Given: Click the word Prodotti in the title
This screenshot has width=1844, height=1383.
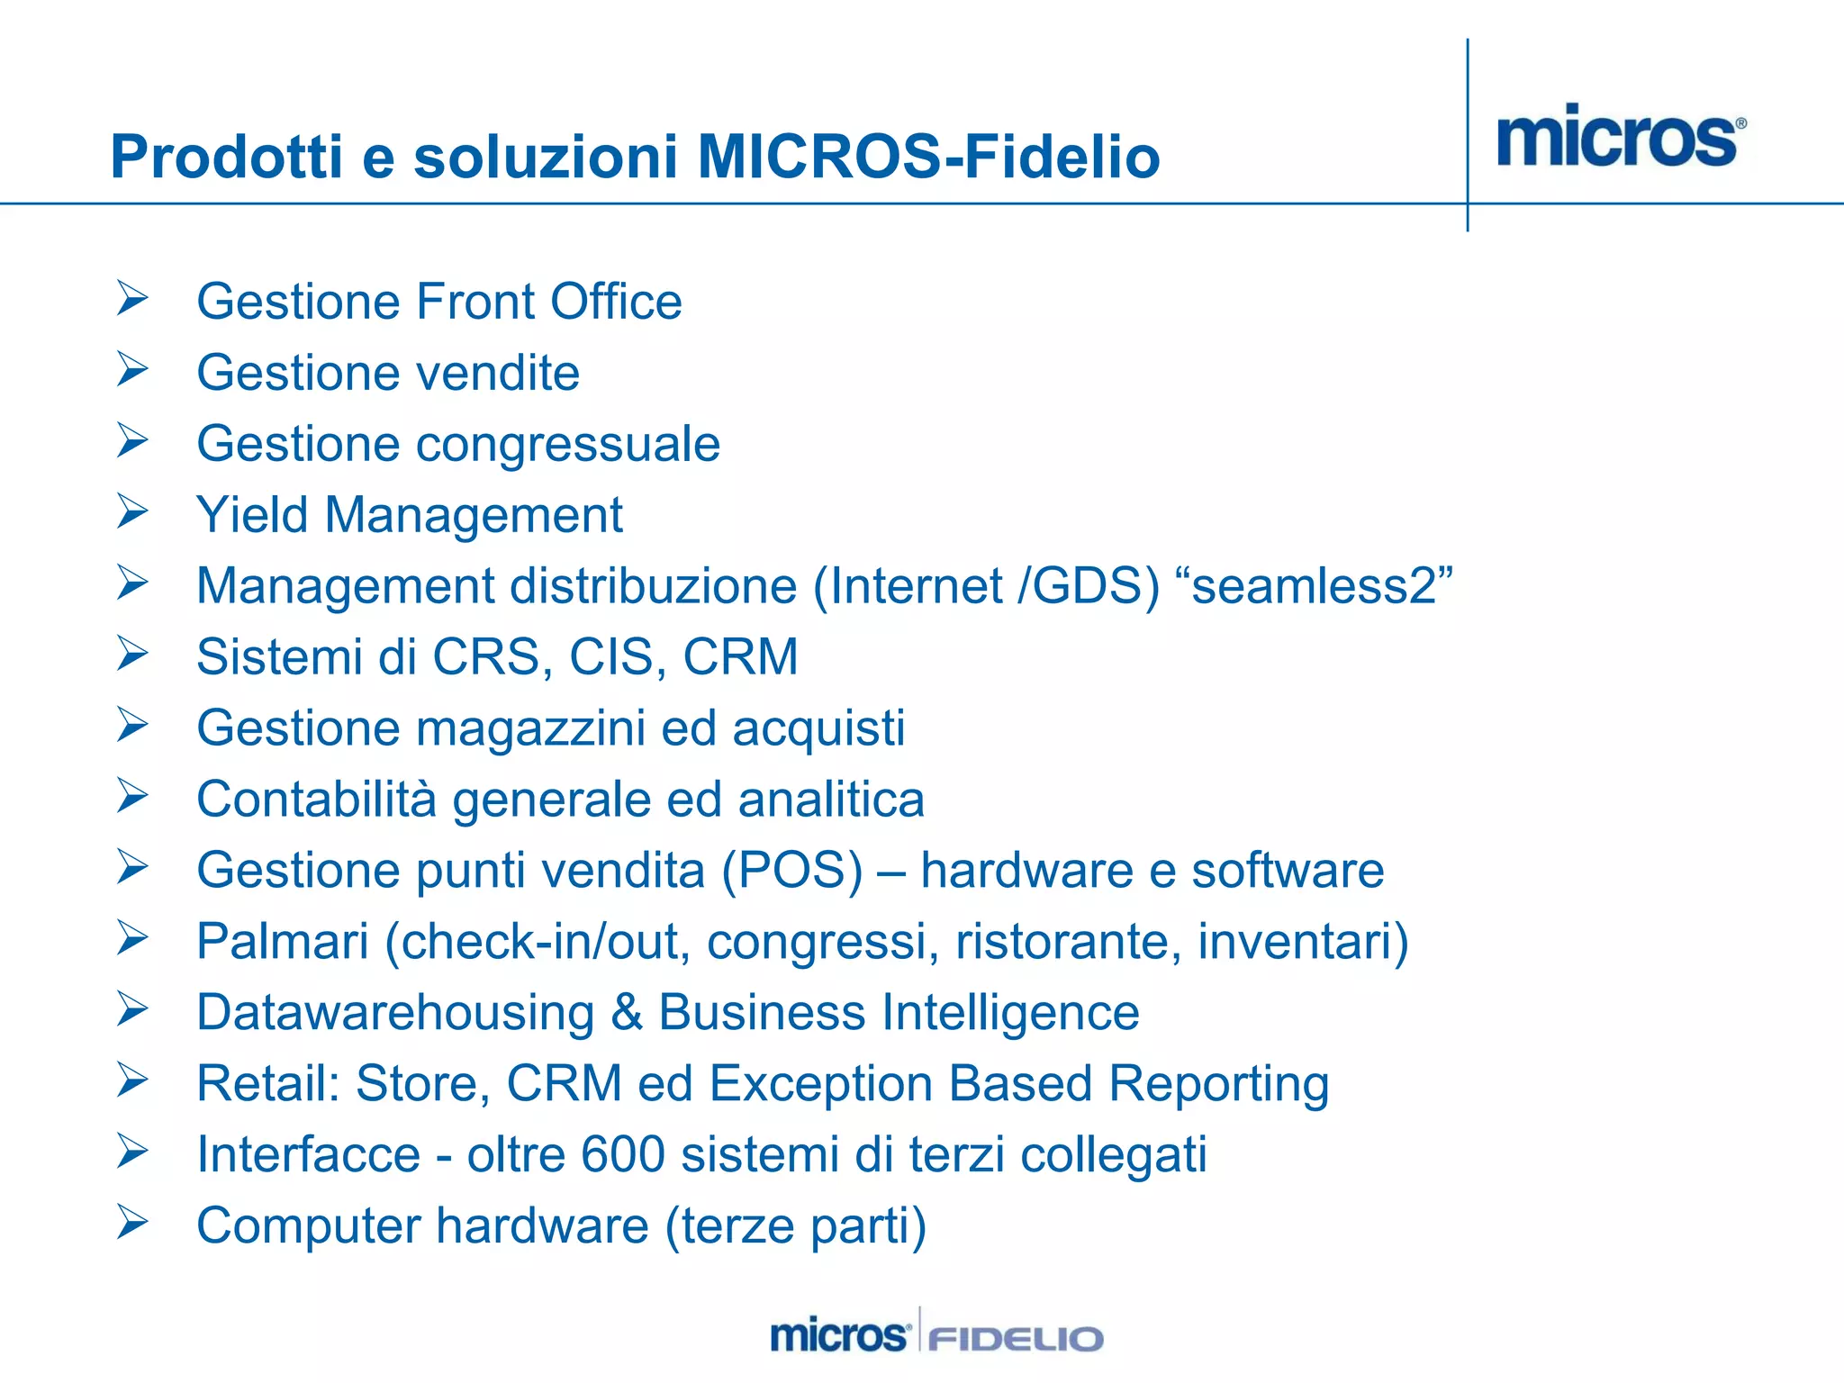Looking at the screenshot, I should [x=227, y=157].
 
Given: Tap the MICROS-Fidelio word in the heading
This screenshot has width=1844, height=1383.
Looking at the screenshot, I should [x=928, y=157].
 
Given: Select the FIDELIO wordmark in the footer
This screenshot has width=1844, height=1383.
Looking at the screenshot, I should [x=1016, y=1338].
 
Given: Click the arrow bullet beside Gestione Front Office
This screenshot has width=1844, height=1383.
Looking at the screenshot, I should [x=132, y=298].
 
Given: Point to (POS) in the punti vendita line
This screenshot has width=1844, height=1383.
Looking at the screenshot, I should [x=791, y=870].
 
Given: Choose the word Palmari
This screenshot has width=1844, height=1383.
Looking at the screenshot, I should [x=283, y=941].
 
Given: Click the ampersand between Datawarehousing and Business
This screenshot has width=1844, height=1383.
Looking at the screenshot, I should [x=626, y=1012].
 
